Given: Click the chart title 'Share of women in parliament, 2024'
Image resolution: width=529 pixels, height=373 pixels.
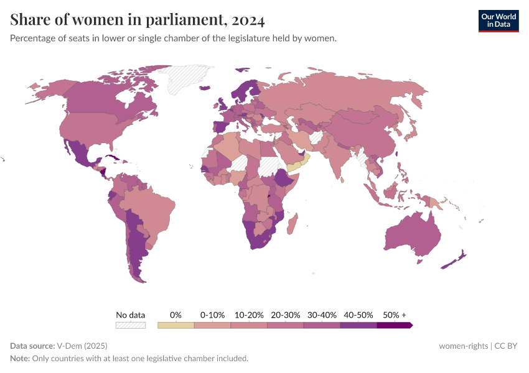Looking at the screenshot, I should [x=138, y=21].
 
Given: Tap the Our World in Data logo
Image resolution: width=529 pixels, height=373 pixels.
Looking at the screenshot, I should [x=498, y=21].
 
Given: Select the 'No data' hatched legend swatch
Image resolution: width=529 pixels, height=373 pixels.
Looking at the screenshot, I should [x=130, y=325].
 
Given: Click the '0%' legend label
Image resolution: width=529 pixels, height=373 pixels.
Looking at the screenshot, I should [x=176, y=315].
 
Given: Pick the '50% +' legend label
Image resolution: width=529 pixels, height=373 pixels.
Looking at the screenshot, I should [x=395, y=315].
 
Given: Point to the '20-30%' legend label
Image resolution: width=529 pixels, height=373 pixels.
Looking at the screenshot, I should [x=285, y=315].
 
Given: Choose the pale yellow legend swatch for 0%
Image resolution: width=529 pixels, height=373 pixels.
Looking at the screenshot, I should [x=176, y=325].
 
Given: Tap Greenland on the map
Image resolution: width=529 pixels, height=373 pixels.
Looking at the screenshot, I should [x=190, y=78].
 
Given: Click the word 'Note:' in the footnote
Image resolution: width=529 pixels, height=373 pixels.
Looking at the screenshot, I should [x=21, y=359].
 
